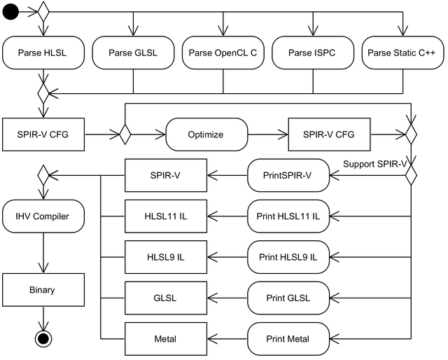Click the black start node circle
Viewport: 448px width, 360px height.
pyautogui.click(x=10, y=12)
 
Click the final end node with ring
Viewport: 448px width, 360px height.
pyautogui.click(x=43, y=339)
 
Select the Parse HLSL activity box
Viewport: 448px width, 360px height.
pyautogui.click(x=43, y=53)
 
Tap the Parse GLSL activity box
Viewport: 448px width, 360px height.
pyautogui.click(x=133, y=53)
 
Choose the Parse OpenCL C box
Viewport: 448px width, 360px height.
pyautogui.click(x=223, y=53)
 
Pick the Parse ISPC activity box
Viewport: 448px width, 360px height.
pyautogui.click(x=313, y=53)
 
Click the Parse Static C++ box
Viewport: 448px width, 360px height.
pyautogui.click(x=403, y=53)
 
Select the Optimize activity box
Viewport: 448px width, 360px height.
pyautogui.click(x=206, y=134)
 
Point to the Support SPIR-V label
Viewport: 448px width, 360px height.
pyautogui.click(x=375, y=164)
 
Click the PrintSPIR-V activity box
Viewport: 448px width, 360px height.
pyautogui.click(x=288, y=175)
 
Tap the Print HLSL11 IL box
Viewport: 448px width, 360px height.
pyautogui.click(x=288, y=216)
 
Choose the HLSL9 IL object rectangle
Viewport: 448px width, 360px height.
pyautogui.click(x=166, y=257)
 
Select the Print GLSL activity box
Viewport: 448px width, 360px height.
pyautogui.click(x=288, y=298)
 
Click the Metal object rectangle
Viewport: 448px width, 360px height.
pyautogui.click(x=166, y=339)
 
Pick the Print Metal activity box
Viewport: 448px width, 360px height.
pyautogui.click(x=288, y=339)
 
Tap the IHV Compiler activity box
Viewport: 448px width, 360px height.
pyautogui.click(x=43, y=216)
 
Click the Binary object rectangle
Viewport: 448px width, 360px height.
pyautogui.click(x=43, y=290)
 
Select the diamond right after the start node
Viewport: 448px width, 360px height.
pyautogui.click(x=43, y=12)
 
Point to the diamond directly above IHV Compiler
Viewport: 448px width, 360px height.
pyautogui.click(x=43, y=175)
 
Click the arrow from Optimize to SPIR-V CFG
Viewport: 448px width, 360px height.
pyautogui.click(x=268, y=134)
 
